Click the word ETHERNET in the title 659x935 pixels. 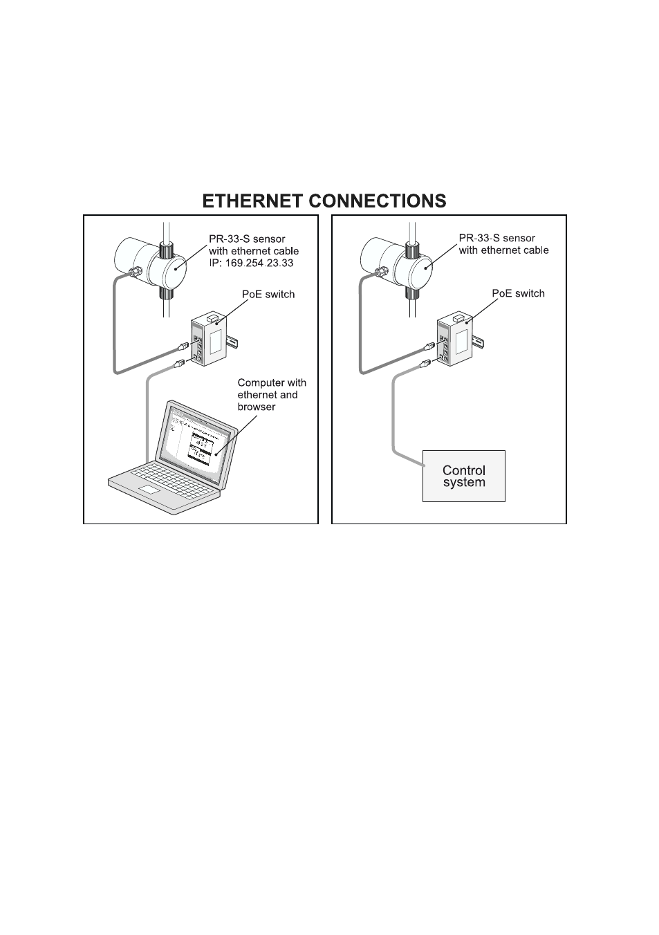pos(252,201)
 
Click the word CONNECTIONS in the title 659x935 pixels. pos(378,201)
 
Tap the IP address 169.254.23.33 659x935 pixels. pos(259,263)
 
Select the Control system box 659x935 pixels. pos(464,476)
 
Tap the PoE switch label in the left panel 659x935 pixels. pos(268,295)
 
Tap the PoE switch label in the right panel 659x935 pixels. pos(519,293)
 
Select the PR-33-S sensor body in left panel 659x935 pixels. pos(151,266)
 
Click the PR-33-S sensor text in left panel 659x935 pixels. pos(247,239)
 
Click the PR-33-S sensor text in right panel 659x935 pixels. pos(497,239)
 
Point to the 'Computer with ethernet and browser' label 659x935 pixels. pos(272,394)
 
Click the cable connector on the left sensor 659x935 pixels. pos(134,272)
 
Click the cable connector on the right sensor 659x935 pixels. pos(380,272)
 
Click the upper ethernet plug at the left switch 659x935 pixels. pos(184,346)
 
